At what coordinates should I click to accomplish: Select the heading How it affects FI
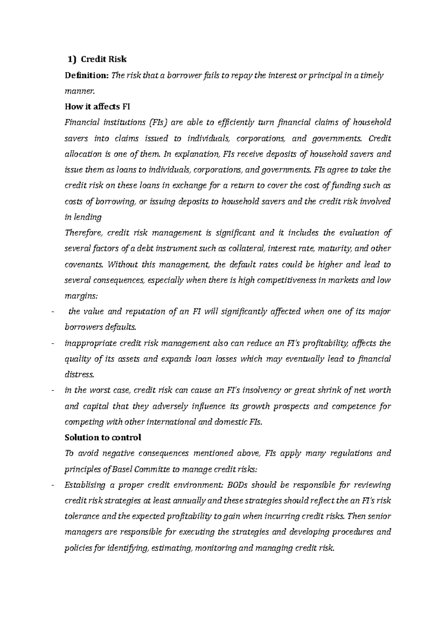[98, 107]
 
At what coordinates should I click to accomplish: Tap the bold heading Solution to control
[103, 438]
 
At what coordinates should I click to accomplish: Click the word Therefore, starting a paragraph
[83, 233]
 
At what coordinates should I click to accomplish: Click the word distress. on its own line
[79, 375]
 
